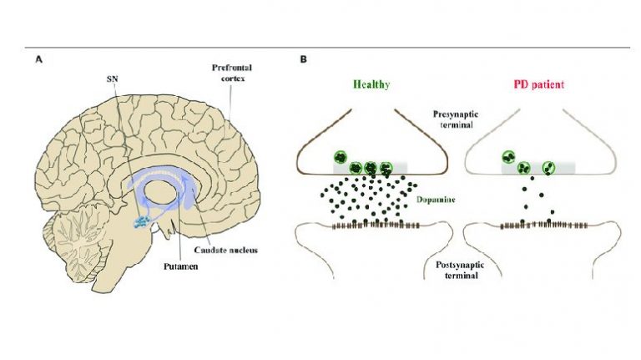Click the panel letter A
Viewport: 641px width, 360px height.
pyautogui.click(x=39, y=60)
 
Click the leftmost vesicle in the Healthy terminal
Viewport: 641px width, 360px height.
pyautogui.click(x=341, y=157)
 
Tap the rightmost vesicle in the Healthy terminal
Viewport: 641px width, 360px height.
pyautogui.click(x=386, y=167)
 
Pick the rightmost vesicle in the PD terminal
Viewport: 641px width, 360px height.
pyautogui.click(x=549, y=166)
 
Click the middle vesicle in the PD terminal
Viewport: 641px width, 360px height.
pyautogui.click(x=524, y=167)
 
